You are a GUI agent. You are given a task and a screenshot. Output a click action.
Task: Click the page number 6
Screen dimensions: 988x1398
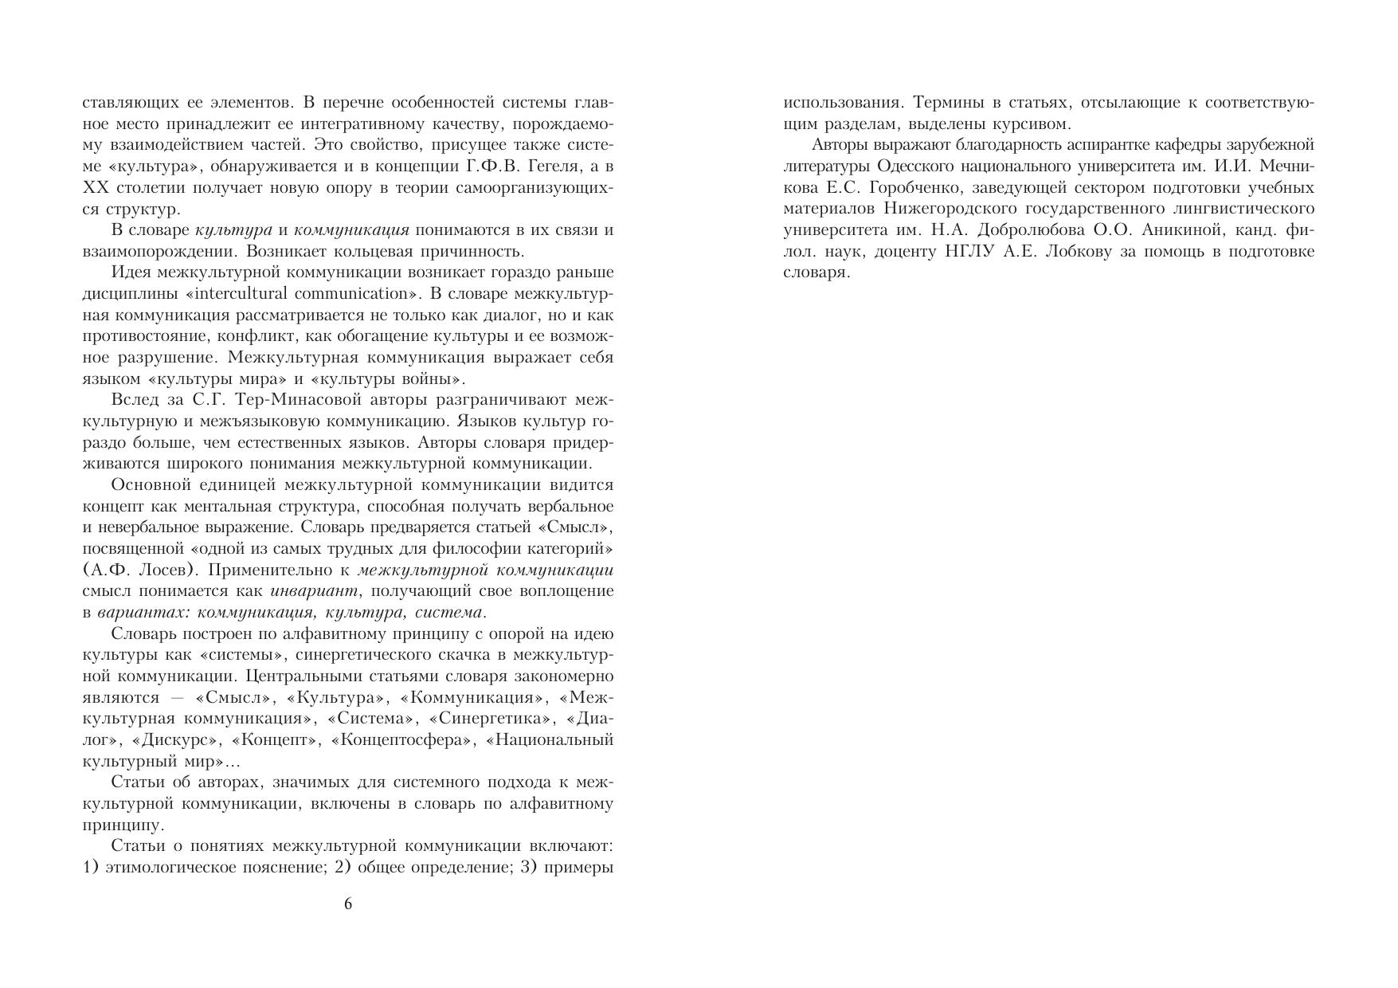tap(347, 904)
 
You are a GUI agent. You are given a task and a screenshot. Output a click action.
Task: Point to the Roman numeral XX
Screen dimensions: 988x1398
tap(95, 188)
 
